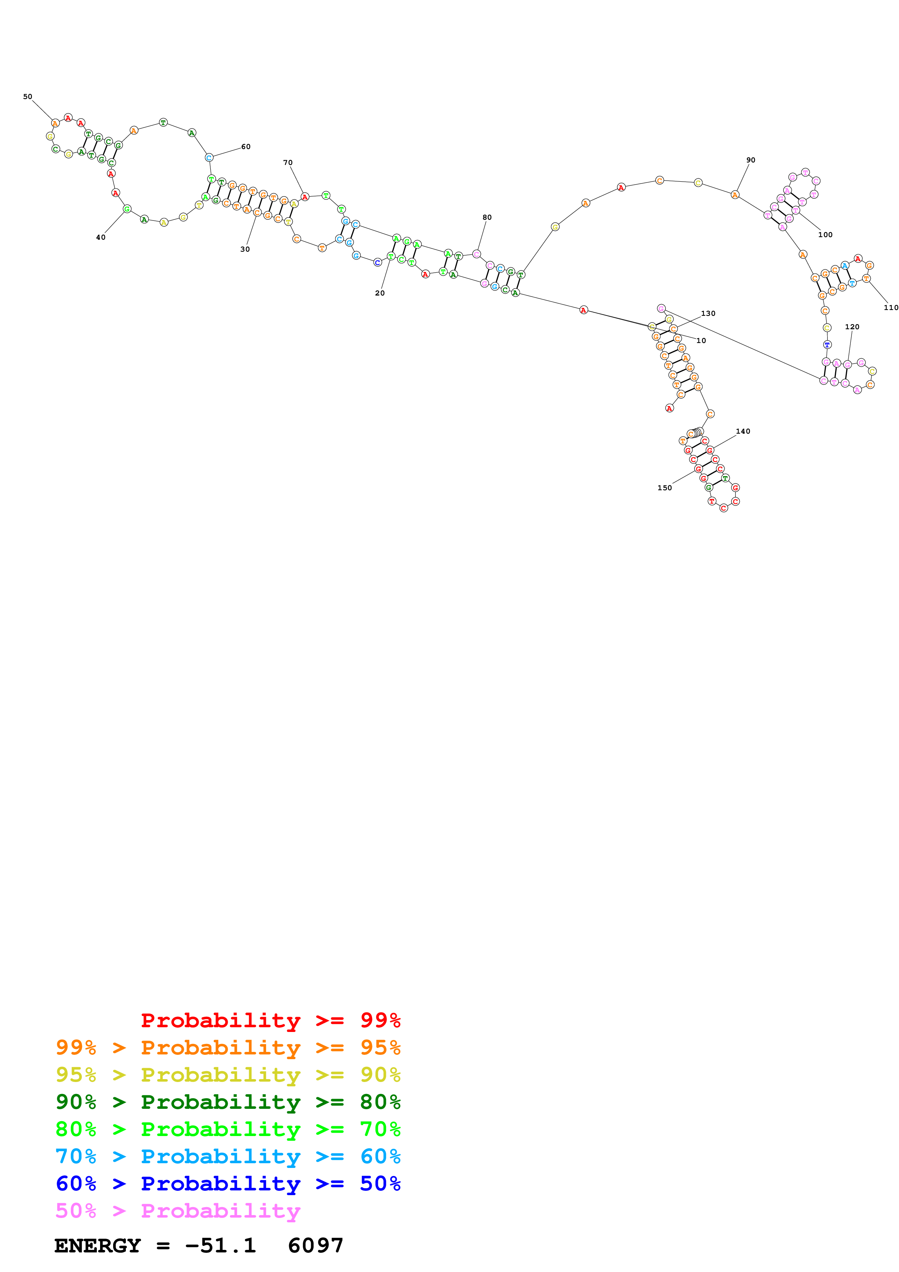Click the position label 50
pos(28,97)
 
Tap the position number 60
pos(246,147)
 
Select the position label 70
pos(288,163)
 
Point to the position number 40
pos(101,238)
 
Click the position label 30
pos(245,249)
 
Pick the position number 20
pos(380,293)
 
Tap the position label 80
pos(487,217)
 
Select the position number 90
pos(751,160)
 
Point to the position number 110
pos(891,307)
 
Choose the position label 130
pos(708,314)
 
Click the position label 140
pos(743,431)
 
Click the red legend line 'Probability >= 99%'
pos(270,1020)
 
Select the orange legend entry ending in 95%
pos(228,1048)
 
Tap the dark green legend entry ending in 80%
pos(228,1102)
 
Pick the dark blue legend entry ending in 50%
pos(228,1184)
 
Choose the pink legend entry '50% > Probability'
pos(178,1210)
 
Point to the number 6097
pos(316,1246)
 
